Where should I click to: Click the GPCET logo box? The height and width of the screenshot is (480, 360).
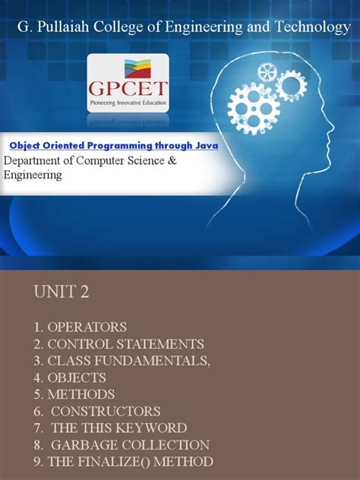point(128,83)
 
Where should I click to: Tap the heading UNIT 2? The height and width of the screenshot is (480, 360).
point(60,292)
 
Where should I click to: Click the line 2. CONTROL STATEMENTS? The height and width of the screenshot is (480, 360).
point(118,344)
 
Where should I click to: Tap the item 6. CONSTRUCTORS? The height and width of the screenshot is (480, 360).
point(96,411)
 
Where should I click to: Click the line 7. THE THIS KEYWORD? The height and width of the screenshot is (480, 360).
point(109,428)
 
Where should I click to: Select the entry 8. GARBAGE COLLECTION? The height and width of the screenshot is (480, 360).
point(120,444)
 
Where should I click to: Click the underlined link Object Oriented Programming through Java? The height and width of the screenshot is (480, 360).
point(113,145)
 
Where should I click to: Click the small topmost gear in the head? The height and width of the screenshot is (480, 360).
point(267,72)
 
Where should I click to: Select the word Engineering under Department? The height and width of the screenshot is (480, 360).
point(33,175)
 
